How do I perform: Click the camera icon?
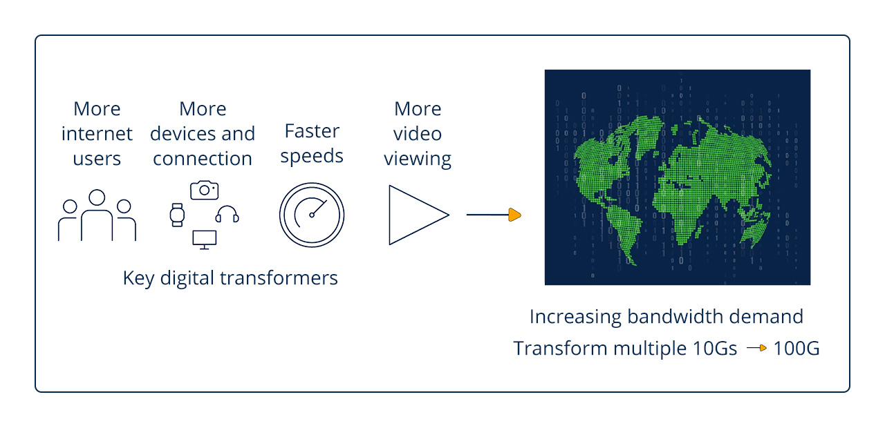[x=204, y=190]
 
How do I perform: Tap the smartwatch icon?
[x=178, y=215]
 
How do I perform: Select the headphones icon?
[x=227, y=214]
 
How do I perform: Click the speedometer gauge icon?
[x=312, y=215]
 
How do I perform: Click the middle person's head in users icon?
[x=97, y=198]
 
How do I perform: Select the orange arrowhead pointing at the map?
[x=514, y=215]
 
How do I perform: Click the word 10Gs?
[x=714, y=349]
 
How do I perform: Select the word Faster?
[x=312, y=131]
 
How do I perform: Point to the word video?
[x=418, y=134]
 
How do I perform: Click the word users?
[x=97, y=159]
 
